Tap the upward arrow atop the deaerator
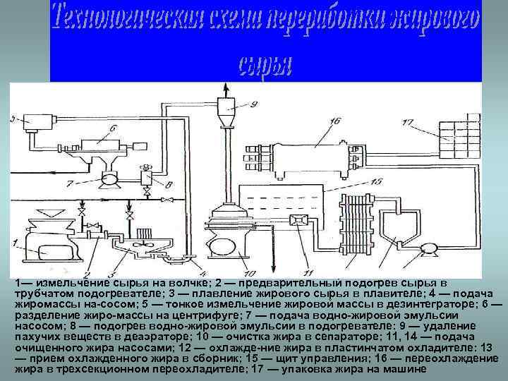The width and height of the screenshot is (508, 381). [x=226, y=89]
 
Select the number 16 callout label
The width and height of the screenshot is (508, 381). [x=333, y=121]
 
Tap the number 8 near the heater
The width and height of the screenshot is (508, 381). [x=167, y=186]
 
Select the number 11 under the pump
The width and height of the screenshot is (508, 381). [x=306, y=272]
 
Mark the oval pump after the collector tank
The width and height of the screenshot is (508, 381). [x=427, y=248]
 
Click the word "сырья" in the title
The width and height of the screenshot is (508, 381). [x=265, y=65]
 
